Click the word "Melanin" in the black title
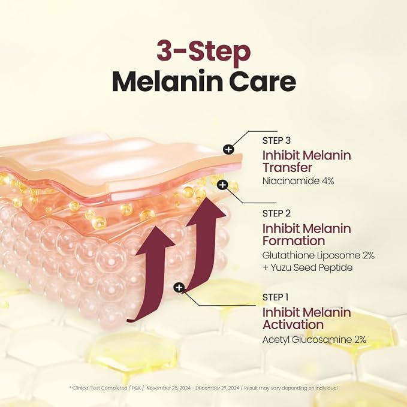tap(167, 81)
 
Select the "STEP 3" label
tap(276, 140)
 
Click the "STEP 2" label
tap(276, 213)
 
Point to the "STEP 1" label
tap(275, 297)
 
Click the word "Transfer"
tap(287, 168)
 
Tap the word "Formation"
tap(294, 240)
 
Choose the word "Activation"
tap(293, 325)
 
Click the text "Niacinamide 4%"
tap(299, 181)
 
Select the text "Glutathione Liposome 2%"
tap(318, 255)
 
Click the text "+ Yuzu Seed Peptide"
tap(307, 267)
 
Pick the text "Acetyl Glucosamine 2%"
tap(314, 339)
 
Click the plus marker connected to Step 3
tap(228, 149)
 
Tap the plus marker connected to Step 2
tap(222, 185)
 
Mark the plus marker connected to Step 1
tap(179, 287)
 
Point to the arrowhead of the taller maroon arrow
tap(206, 211)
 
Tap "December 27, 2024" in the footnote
tap(218, 388)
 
